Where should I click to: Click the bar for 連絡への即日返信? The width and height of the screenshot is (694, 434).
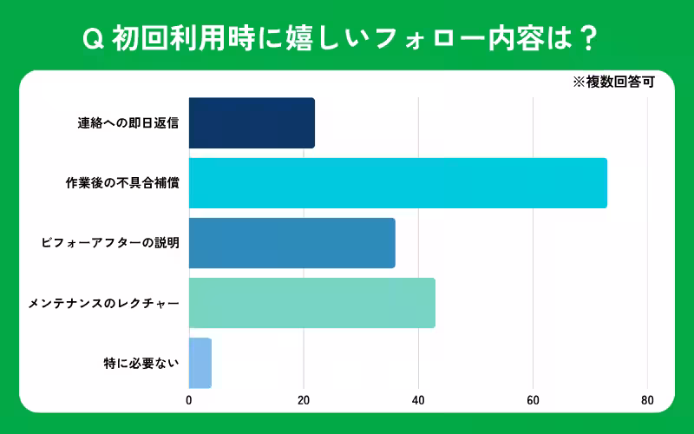[252, 123]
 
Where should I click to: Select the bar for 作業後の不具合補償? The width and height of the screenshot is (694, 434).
[397, 183]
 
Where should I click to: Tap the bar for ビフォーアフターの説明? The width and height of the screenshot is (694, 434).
[291, 243]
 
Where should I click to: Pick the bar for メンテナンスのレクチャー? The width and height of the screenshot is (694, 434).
[311, 303]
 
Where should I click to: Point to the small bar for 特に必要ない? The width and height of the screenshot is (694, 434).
[200, 363]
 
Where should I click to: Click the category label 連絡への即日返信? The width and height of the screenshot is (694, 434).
[128, 123]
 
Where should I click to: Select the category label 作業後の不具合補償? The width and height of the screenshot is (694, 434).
[122, 183]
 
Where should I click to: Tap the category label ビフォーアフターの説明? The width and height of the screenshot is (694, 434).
[110, 243]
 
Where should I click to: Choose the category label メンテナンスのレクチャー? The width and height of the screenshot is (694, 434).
[104, 304]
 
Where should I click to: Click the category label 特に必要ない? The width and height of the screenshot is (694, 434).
[141, 363]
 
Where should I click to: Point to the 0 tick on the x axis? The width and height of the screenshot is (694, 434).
[189, 400]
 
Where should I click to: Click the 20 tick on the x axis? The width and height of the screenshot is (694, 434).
[304, 400]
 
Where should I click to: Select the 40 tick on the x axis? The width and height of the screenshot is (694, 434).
[418, 400]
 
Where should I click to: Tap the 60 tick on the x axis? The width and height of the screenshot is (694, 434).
[533, 400]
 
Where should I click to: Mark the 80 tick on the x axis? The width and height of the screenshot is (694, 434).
[647, 400]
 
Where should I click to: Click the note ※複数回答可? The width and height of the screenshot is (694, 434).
[612, 83]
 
